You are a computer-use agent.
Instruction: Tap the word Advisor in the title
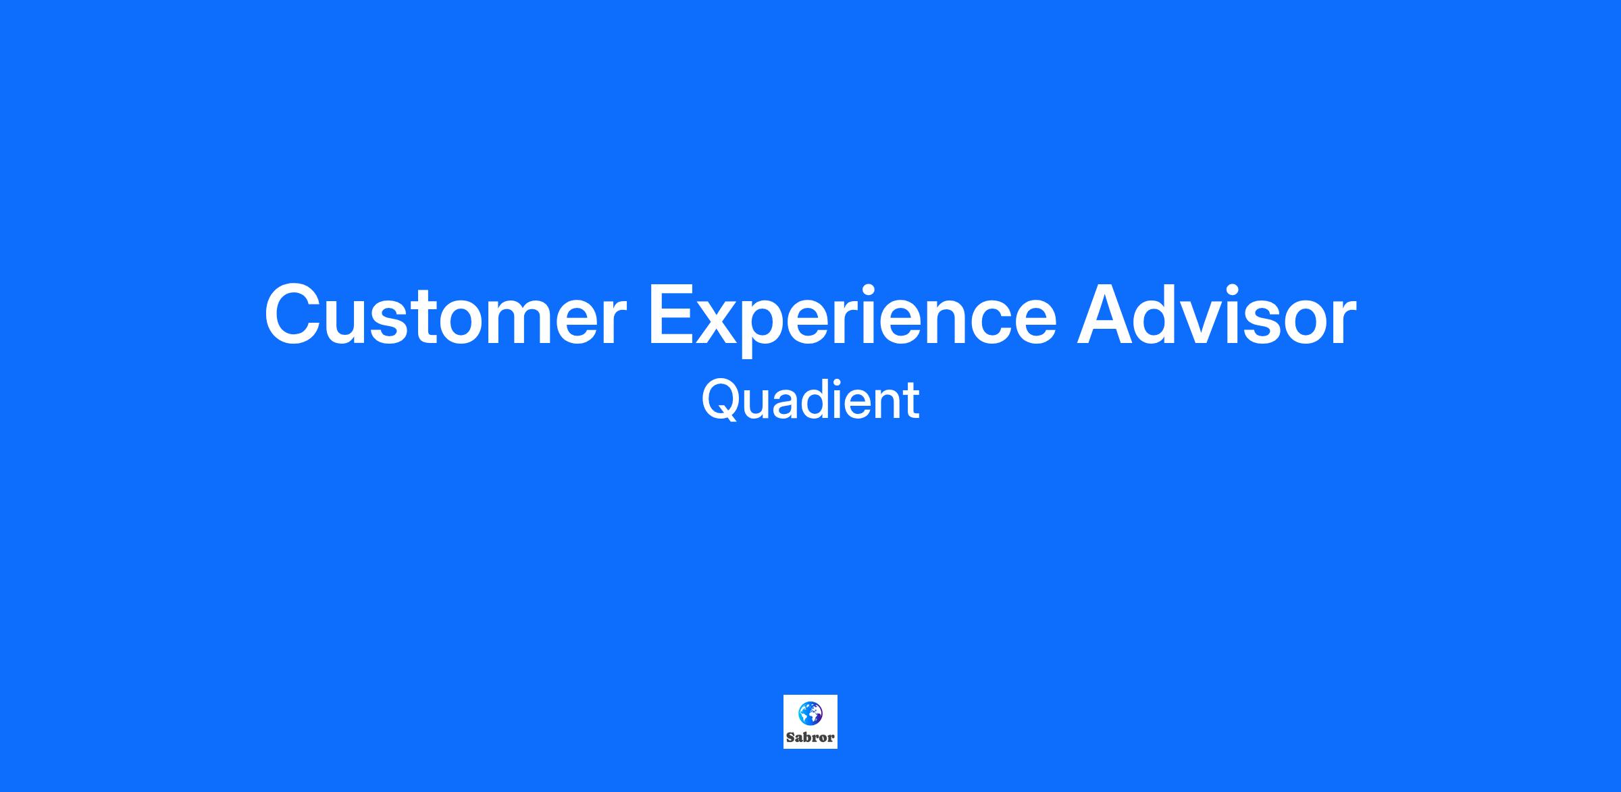(1216, 314)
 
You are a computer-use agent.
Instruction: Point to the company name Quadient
(810, 400)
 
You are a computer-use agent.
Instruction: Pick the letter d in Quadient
(822, 400)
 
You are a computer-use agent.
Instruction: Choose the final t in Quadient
(911, 402)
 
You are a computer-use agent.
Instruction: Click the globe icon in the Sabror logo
(810, 712)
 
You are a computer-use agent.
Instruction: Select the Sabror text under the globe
(810, 737)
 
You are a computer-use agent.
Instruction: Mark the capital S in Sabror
(790, 737)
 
